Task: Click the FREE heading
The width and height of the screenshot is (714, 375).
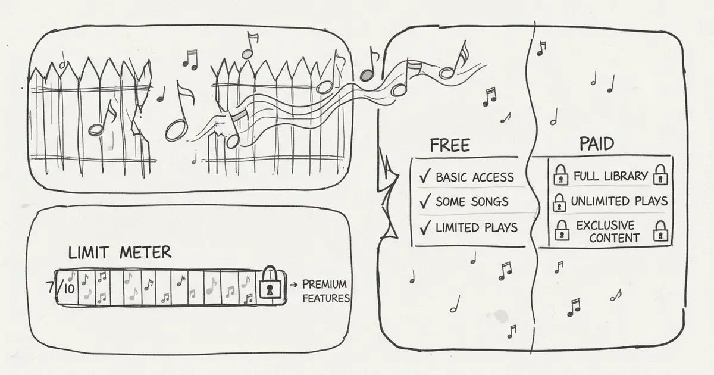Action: click(x=450, y=145)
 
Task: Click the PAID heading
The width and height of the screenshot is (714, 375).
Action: click(x=597, y=144)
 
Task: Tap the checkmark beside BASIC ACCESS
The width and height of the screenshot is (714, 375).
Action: click(x=425, y=176)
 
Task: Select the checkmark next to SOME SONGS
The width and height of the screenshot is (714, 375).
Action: click(x=425, y=201)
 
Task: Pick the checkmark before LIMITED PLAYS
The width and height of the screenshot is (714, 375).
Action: click(x=425, y=227)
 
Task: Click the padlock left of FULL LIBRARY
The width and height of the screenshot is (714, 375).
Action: click(x=561, y=175)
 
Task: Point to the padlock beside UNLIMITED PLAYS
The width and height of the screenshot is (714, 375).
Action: click(x=559, y=203)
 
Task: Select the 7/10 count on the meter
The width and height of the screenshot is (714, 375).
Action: click(x=61, y=287)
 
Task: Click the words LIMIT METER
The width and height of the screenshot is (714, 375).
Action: click(x=120, y=252)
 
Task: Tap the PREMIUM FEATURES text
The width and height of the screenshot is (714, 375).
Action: click(x=326, y=291)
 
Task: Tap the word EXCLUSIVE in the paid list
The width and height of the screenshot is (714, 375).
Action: click(x=605, y=226)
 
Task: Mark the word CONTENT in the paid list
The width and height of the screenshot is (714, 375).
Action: click(x=614, y=238)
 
